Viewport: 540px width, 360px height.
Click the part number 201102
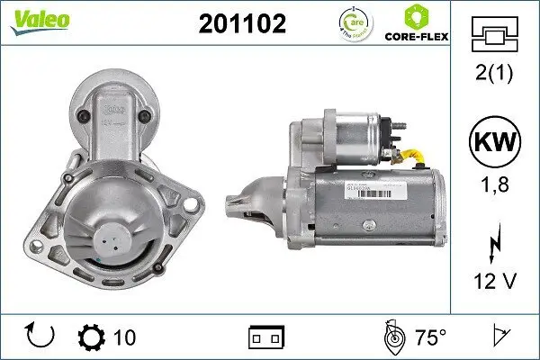click(x=242, y=25)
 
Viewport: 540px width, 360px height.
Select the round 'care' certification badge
click(x=352, y=24)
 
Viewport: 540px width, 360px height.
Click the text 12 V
click(x=495, y=283)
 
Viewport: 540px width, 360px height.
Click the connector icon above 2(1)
click(x=495, y=37)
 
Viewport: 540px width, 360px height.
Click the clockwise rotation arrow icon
click(x=41, y=337)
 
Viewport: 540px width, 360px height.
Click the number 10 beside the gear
click(x=124, y=337)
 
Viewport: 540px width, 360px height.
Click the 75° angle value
click(x=430, y=337)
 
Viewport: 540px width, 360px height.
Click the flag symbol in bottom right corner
click(x=498, y=337)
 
